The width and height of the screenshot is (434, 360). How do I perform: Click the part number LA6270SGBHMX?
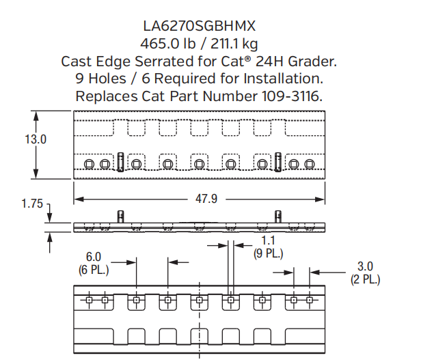coord(199,27)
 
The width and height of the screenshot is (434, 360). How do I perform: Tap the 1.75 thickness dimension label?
coord(32,204)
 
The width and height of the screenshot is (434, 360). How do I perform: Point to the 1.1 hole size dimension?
coord(269,241)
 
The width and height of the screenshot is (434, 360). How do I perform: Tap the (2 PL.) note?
coord(365,279)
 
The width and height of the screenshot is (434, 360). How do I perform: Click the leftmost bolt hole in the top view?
coord(89,164)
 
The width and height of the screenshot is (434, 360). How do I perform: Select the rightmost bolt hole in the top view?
coord(310,164)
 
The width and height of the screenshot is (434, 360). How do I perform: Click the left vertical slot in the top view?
coord(120,163)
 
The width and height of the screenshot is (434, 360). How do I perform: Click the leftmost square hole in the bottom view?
coord(89,300)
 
